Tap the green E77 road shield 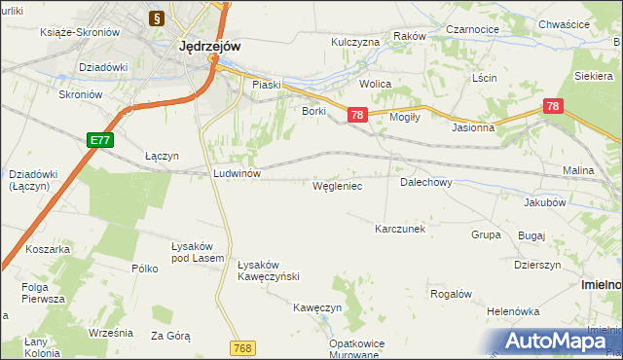[x=99, y=141]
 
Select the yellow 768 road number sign [x=243, y=347]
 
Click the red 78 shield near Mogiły [x=357, y=115]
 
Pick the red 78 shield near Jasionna [x=553, y=106]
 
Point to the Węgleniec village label [x=338, y=185]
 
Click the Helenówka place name [x=514, y=311]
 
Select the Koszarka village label [x=49, y=249]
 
